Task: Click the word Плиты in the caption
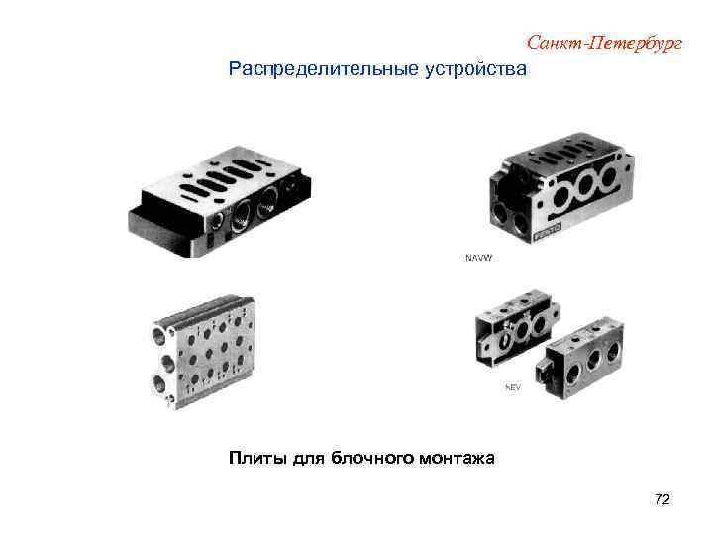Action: (x=259, y=458)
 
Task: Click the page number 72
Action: (x=662, y=500)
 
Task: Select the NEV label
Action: (x=512, y=387)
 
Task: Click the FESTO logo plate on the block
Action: (x=547, y=235)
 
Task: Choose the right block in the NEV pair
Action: (x=586, y=358)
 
